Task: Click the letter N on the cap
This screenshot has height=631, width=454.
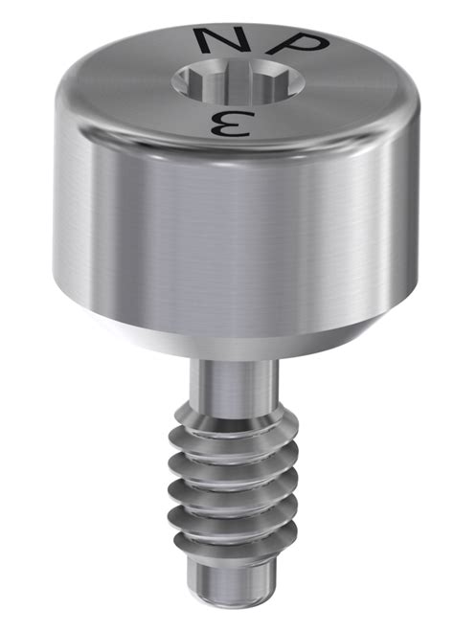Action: click(216, 41)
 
